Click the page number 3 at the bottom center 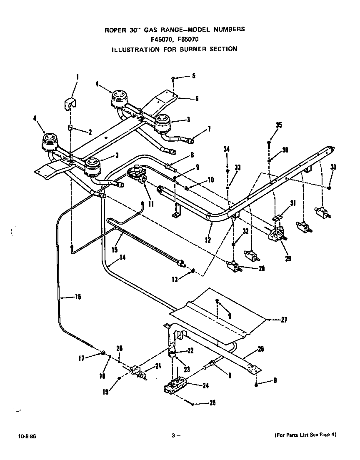pos(173,436)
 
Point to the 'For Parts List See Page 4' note pos(305,435)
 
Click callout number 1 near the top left pos(77,76)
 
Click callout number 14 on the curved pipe pos(122,257)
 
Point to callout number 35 pos(278,125)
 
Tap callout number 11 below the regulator pos(150,204)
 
